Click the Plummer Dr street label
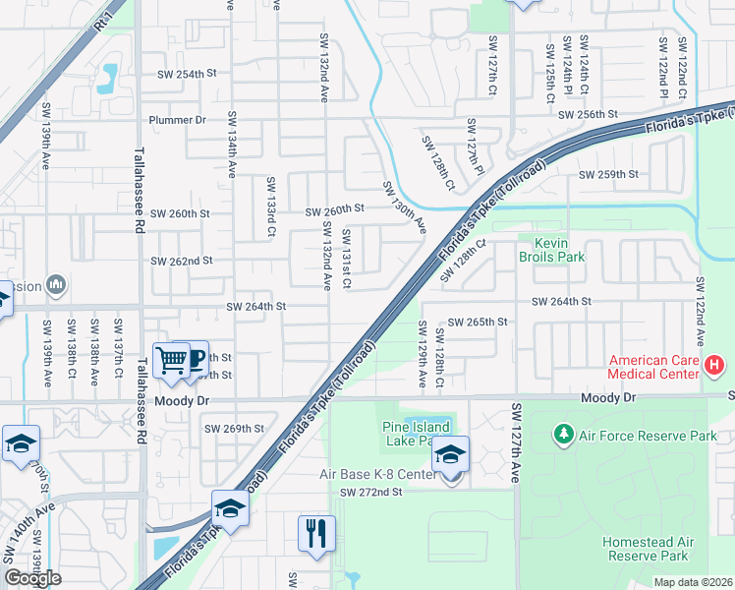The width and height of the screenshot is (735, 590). pos(177,120)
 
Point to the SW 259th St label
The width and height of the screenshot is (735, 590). pos(609,174)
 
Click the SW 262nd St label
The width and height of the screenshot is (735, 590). pos(181,261)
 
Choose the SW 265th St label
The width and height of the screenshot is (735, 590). pos(478,322)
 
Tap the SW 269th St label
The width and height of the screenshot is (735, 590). pos(234,428)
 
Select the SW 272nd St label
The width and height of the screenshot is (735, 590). pos(372,492)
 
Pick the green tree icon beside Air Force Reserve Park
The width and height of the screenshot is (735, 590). pos(563,434)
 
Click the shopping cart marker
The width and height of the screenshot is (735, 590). pos(172,360)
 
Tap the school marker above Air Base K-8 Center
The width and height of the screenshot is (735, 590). pos(451,453)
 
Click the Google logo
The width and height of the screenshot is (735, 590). pos(32,578)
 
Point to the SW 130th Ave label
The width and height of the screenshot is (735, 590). pos(404,207)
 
